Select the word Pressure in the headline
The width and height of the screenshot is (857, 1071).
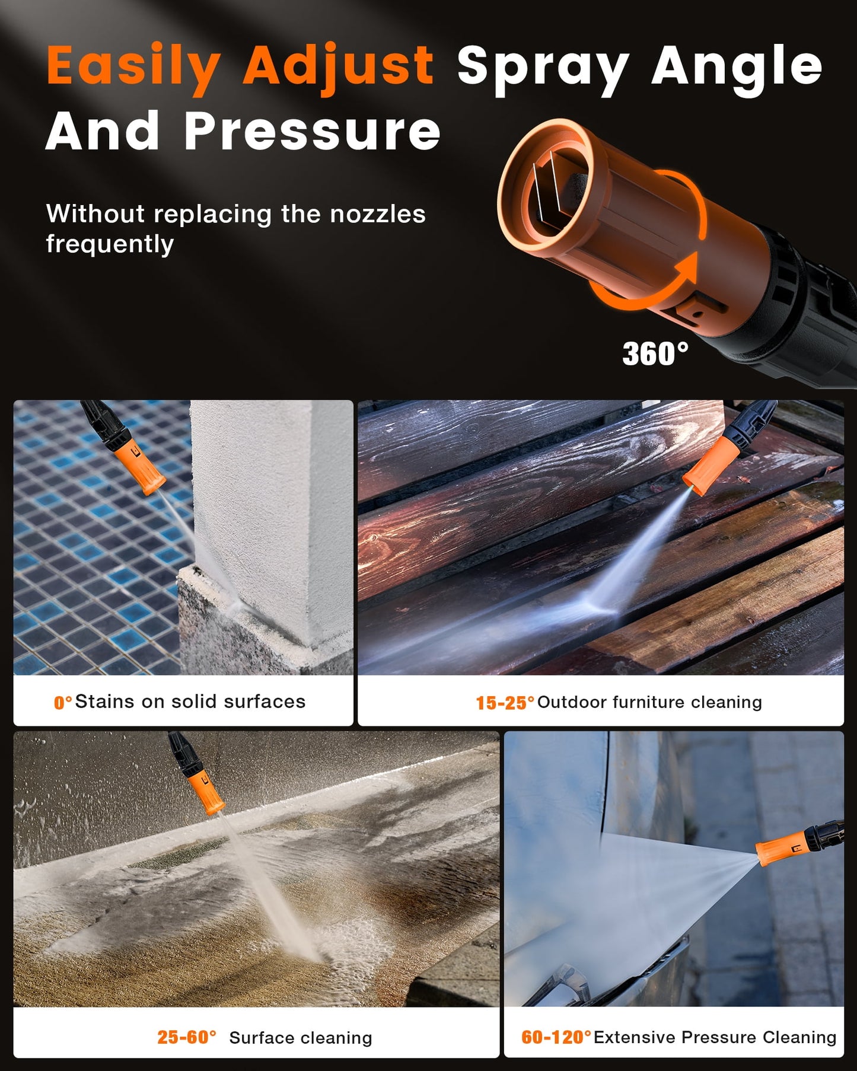(313, 132)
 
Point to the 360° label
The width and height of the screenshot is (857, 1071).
(655, 354)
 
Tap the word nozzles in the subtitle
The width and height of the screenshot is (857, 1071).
(378, 214)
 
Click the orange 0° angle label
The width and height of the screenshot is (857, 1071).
(63, 703)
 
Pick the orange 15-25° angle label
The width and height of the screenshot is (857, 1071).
(505, 703)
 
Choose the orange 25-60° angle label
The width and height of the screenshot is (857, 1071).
(187, 1037)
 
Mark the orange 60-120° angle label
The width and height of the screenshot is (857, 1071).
(556, 1037)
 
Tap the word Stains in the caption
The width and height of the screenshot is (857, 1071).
(104, 702)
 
